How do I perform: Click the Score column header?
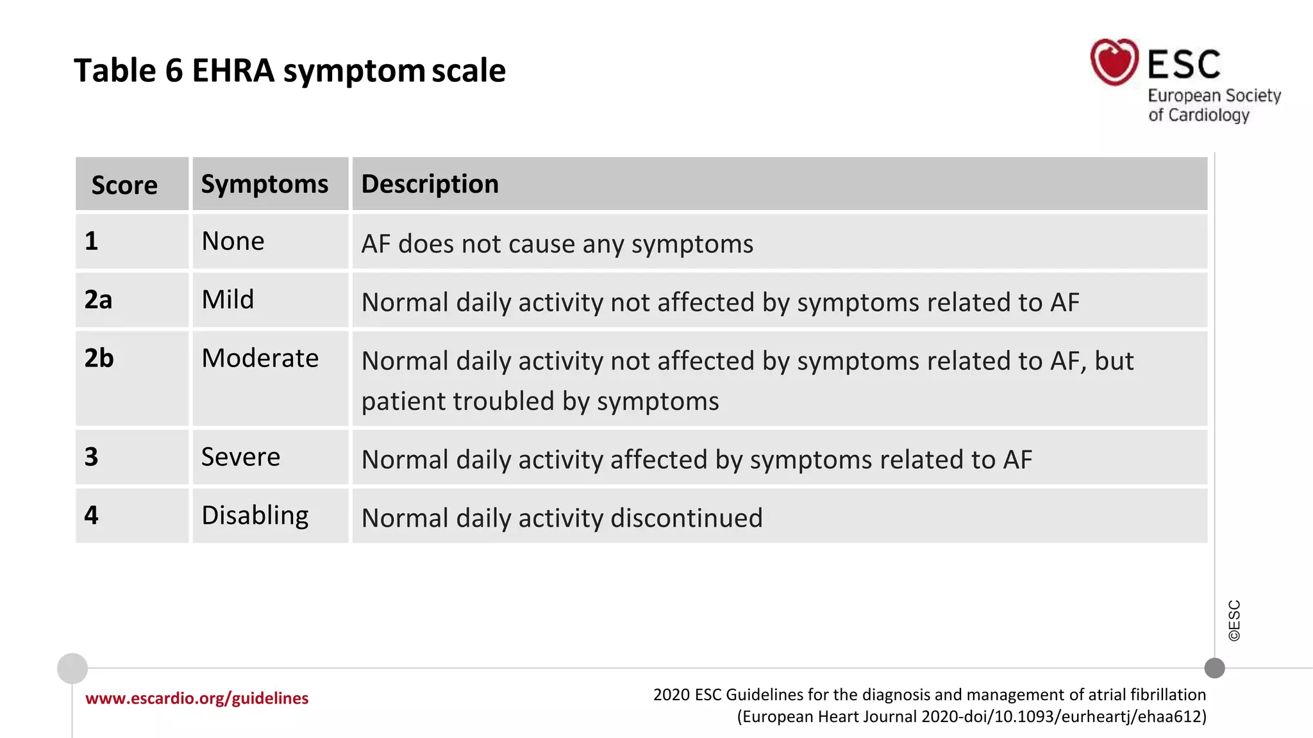click(x=124, y=185)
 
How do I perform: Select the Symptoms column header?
click(x=265, y=184)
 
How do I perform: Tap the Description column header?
click(x=430, y=184)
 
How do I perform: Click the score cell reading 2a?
click(x=98, y=300)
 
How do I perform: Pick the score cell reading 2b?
click(x=99, y=358)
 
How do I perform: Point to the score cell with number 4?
click(x=92, y=516)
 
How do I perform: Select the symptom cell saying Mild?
click(x=228, y=300)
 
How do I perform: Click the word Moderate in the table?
click(x=260, y=358)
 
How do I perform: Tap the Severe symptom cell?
click(x=240, y=457)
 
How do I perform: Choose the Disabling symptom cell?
click(x=255, y=516)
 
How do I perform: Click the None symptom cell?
click(x=233, y=242)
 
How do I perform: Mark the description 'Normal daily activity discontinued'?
click(x=562, y=518)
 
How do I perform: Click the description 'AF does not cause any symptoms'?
click(x=557, y=244)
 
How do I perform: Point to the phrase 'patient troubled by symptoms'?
click(x=540, y=402)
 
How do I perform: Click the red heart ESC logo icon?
click(x=1114, y=62)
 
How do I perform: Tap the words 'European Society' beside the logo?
click(x=1214, y=96)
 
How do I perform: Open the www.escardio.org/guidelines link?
click(x=197, y=698)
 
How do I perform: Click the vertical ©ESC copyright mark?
click(x=1234, y=620)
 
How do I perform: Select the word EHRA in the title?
click(x=233, y=70)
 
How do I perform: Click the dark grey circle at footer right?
click(x=1214, y=668)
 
